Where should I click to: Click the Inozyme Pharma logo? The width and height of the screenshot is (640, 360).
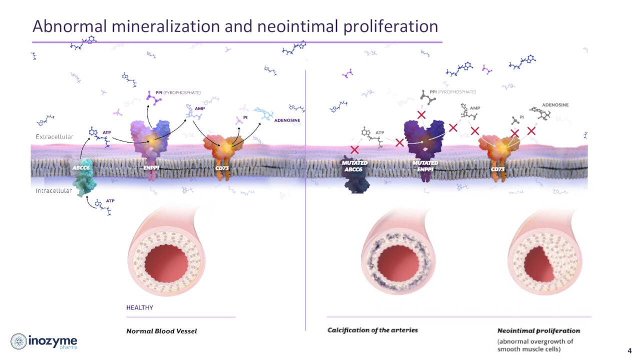coord(44,341)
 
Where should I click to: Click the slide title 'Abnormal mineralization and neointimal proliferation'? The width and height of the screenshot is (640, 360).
coord(235,26)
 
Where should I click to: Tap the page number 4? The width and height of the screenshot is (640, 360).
coord(629,350)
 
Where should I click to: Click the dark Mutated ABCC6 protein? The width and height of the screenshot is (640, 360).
coord(355,175)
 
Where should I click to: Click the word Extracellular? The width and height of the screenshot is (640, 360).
coord(54,136)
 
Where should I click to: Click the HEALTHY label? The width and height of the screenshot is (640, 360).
coord(139,307)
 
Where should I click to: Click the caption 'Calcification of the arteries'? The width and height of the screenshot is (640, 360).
coord(372,330)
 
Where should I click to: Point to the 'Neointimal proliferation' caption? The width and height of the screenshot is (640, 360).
coord(538,331)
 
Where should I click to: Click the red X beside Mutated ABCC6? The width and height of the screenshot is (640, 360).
coord(354,149)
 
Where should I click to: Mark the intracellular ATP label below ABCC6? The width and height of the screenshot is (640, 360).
coord(110,200)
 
